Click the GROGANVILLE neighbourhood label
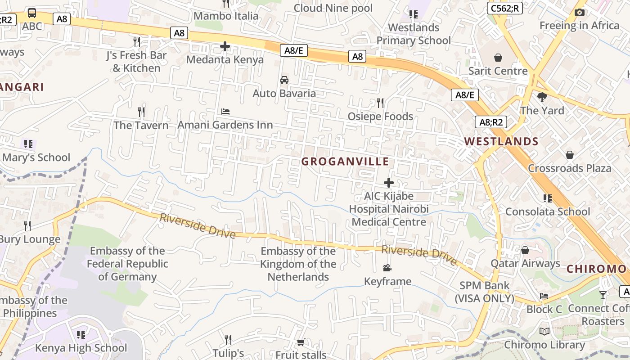tap(345, 162)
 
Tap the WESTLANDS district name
tap(501, 141)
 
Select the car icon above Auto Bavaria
tap(284, 80)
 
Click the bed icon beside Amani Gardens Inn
tap(225, 111)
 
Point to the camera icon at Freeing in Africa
tap(580, 12)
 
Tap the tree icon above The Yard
tap(542, 97)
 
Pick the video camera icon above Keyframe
tap(387, 268)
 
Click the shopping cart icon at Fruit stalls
tap(301, 342)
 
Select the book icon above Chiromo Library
tap(544, 332)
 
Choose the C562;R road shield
tap(504, 8)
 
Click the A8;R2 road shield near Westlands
tap(490, 122)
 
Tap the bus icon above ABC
tap(32, 13)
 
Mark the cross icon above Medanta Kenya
tap(225, 46)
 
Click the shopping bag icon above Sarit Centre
tap(498, 58)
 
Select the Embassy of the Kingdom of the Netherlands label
tap(298, 264)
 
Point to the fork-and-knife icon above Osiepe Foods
tap(380, 103)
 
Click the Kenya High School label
tap(81, 348)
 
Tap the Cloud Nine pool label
tap(333, 8)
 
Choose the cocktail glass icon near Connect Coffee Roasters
tap(603, 295)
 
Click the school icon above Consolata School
tap(547, 198)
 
